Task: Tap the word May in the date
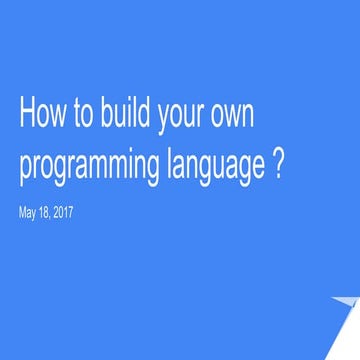[29, 212]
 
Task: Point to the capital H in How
[27, 115]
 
